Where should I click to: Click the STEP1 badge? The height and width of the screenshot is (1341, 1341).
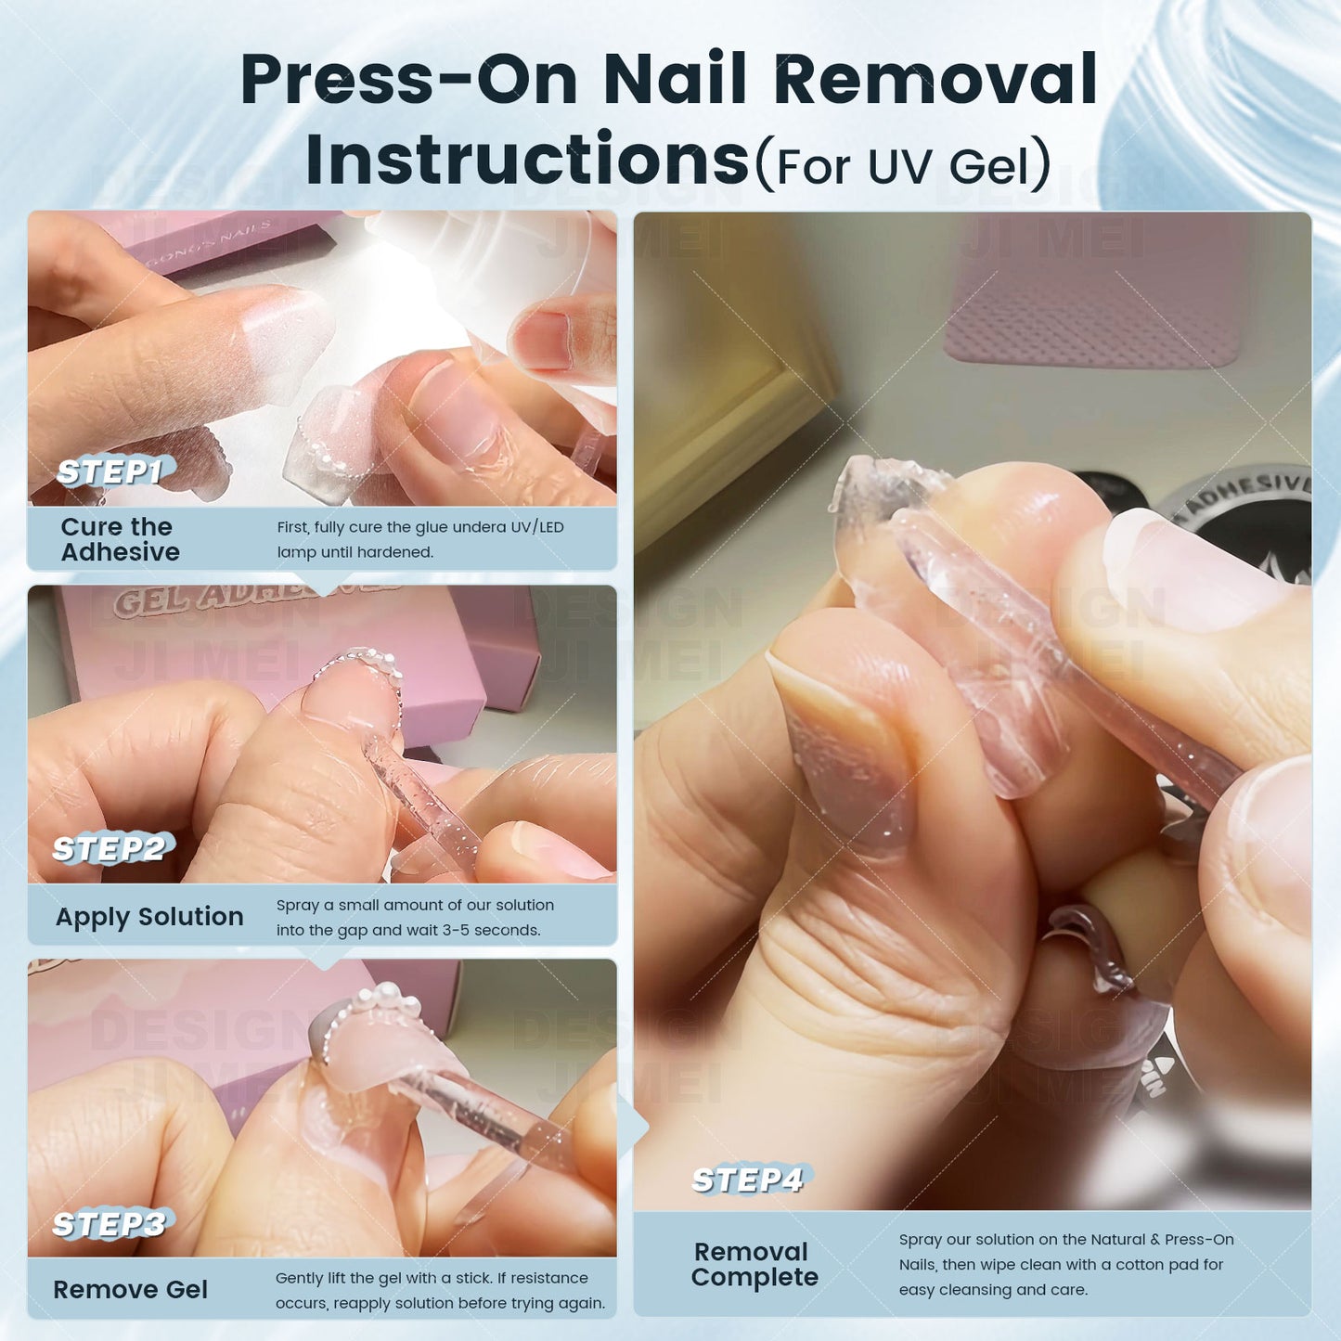point(110,472)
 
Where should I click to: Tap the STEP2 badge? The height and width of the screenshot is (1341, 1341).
point(110,849)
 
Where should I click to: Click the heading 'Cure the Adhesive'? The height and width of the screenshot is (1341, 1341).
point(120,539)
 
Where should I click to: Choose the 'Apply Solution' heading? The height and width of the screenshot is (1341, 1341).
point(149,917)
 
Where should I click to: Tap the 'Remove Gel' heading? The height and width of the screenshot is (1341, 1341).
point(131,1290)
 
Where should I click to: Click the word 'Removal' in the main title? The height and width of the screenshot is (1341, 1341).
point(936,79)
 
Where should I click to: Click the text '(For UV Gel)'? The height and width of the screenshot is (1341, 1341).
point(903,165)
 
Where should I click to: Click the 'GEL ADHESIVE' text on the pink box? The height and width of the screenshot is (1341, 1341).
point(257,600)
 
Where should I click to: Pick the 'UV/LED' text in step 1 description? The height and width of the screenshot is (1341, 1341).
point(537,527)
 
